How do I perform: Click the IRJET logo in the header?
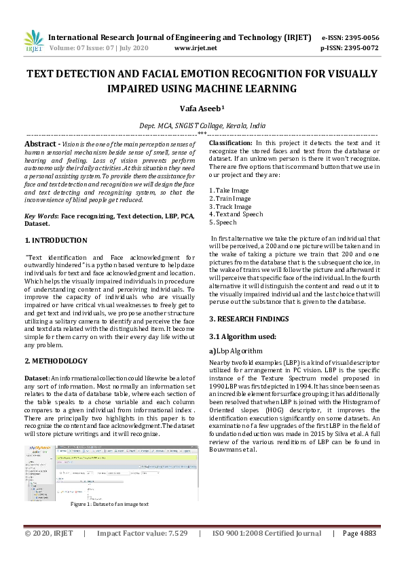pos(33,41)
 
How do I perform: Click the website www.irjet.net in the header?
pos(196,48)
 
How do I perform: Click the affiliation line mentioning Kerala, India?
pos(202,126)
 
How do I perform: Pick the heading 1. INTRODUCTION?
pos(56,240)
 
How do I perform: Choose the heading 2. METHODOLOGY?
pos(56,361)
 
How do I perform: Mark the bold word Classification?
pos(230,144)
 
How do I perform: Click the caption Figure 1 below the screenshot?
pos(109,504)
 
